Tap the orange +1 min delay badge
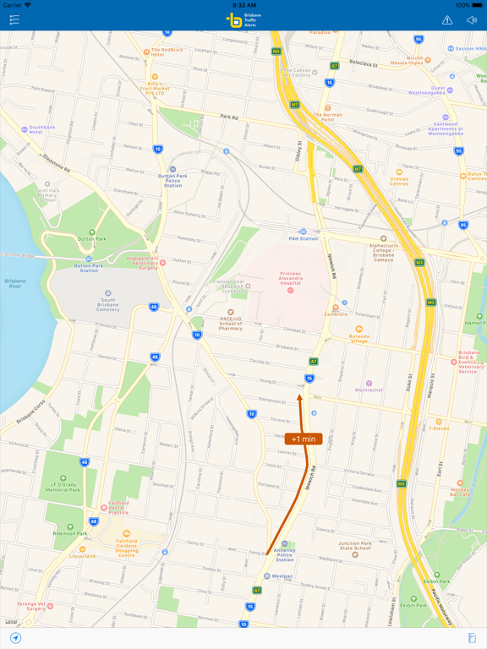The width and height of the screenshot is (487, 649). pyautogui.click(x=303, y=439)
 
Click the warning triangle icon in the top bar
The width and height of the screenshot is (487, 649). pyautogui.click(x=447, y=20)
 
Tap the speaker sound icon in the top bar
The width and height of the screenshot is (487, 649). pyautogui.click(x=472, y=20)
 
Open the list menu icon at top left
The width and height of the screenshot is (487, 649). pyautogui.click(x=14, y=19)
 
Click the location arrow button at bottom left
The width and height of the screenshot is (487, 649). pyautogui.click(x=15, y=638)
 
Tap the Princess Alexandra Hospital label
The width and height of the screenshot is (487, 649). pyautogui.click(x=291, y=279)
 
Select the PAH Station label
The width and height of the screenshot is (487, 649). pyautogui.click(x=303, y=238)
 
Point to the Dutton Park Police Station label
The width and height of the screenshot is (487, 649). pyautogui.click(x=172, y=179)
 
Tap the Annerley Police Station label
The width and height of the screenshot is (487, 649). pyautogui.click(x=285, y=554)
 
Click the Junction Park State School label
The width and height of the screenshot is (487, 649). pyautogui.click(x=355, y=548)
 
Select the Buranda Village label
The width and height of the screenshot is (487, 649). pyautogui.click(x=359, y=338)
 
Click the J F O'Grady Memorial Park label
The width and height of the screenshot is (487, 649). pyautogui.click(x=63, y=485)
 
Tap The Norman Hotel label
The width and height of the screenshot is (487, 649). pyautogui.click(x=328, y=115)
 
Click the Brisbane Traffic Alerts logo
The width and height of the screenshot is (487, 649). pyautogui.click(x=243, y=19)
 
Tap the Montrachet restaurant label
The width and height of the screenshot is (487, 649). pyautogui.click(x=369, y=390)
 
